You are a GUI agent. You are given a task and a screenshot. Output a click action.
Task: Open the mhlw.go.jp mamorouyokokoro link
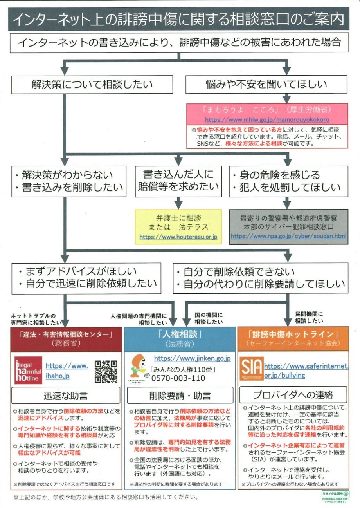click(267, 119)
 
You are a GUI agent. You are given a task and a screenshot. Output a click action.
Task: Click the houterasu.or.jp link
click(178, 237)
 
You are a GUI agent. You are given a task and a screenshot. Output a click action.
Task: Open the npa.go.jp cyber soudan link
click(288, 236)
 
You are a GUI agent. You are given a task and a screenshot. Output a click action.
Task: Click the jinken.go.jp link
click(192, 358)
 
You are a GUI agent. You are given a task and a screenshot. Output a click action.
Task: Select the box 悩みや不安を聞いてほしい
click(266, 84)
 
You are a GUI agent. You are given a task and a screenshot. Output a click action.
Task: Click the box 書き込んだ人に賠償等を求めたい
click(178, 181)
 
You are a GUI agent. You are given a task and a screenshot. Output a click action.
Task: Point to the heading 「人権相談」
click(180, 335)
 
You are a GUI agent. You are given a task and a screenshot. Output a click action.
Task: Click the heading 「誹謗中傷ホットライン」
click(293, 334)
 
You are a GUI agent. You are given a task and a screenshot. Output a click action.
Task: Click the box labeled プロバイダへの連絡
click(293, 394)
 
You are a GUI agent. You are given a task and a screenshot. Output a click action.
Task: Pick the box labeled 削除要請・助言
click(180, 395)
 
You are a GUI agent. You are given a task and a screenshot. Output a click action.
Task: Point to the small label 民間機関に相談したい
click(309, 317)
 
